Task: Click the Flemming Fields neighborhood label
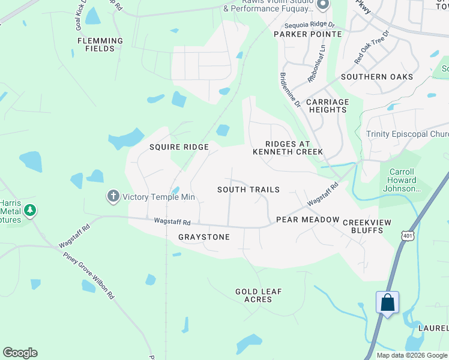coord(100,45)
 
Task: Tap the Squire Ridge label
coord(179,147)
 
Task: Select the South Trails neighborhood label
coord(249,190)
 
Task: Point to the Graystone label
coord(204,237)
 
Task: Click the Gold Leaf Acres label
coord(259,296)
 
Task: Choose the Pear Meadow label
coord(308,220)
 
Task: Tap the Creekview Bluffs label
coord(367,227)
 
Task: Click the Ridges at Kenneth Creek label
coord(288,148)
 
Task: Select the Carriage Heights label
coord(328,106)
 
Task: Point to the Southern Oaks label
coord(377,77)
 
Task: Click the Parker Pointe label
coord(308,34)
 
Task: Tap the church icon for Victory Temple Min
coord(112,196)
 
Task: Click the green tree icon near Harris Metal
coord(29,211)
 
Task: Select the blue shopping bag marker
coord(387,302)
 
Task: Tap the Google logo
coord(20,353)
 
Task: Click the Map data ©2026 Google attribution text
coord(412,355)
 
